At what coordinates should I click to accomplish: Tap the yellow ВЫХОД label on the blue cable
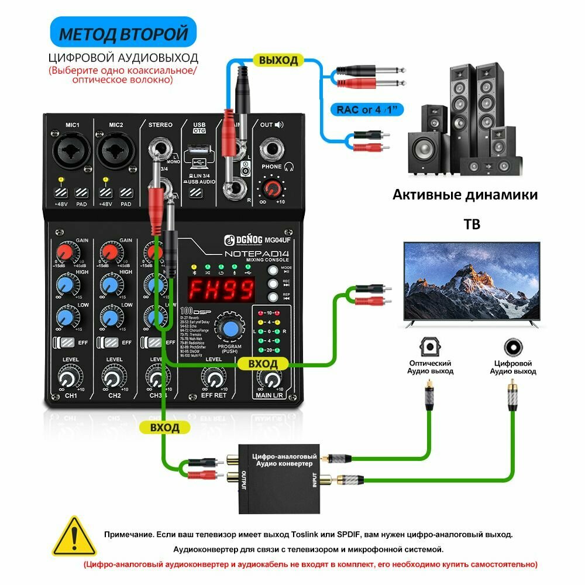click(x=278, y=60)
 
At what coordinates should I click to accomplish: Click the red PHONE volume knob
click(x=271, y=189)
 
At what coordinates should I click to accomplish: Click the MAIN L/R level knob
click(x=271, y=379)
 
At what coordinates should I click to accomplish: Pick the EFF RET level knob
click(x=214, y=377)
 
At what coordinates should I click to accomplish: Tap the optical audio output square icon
click(x=430, y=347)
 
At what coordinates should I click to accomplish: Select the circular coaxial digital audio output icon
click(x=513, y=347)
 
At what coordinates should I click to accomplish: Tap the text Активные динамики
click(x=464, y=194)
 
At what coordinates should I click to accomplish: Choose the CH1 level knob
click(x=70, y=378)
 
